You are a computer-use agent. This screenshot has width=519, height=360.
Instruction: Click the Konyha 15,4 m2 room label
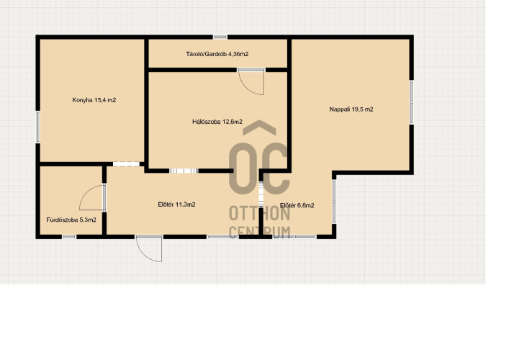pyautogui.click(x=94, y=100)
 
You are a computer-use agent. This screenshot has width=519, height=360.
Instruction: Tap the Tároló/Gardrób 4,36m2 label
pyautogui.click(x=217, y=54)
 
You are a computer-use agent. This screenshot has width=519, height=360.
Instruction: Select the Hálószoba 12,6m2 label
pyautogui.click(x=217, y=122)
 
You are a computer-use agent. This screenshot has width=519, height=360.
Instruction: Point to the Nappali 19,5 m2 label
pyautogui.click(x=351, y=109)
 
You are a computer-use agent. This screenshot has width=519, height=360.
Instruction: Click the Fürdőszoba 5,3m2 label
pyautogui.click(x=71, y=220)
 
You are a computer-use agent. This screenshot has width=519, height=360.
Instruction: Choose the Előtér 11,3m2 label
pyautogui.click(x=177, y=204)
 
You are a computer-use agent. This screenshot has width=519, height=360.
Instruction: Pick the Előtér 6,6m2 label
pyautogui.click(x=297, y=205)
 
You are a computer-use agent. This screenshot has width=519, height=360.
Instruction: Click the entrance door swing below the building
pyautogui.click(x=150, y=249)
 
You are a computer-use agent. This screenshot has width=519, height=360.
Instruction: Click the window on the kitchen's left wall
pyautogui.click(x=37, y=127)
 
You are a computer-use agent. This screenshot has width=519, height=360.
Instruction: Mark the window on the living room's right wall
pyautogui.click(x=412, y=102)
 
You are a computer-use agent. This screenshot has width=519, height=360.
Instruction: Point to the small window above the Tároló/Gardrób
pyautogui.click(x=220, y=37)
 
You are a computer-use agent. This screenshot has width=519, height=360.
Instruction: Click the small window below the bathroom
pyautogui.click(x=69, y=237)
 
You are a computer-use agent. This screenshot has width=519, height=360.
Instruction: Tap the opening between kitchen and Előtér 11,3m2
pyautogui.click(x=126, y=164)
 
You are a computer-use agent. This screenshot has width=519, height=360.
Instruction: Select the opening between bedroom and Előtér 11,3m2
pyautogui.click(x=184, y=171)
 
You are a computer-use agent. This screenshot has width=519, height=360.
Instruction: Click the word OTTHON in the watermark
pyautogui.click(x=259, y=214)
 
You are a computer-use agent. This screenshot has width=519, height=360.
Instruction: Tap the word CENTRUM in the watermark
pyautogui.click(x=259, y=232)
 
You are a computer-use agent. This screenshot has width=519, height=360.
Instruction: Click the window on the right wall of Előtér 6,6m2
pyautogui.click(x=334, y=202)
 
